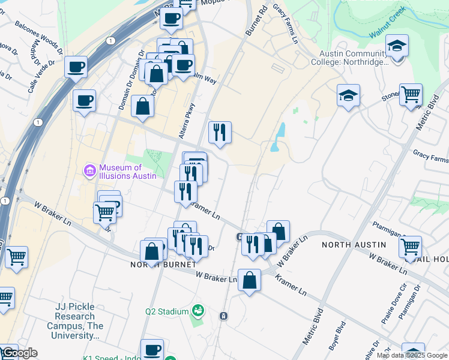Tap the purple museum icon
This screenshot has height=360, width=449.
(90, 172)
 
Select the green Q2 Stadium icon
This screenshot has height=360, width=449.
(197, 310)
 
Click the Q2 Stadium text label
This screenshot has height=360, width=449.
(167, 311)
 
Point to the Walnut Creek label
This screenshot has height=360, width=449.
(387, 23)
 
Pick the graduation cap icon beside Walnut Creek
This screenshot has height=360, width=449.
(397, 46)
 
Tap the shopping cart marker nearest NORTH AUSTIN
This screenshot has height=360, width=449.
(410, 245)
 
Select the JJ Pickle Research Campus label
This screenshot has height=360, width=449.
(79, 321)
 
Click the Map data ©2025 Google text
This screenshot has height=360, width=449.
(412, 355)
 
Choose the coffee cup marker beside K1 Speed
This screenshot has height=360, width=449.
(152, 349)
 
